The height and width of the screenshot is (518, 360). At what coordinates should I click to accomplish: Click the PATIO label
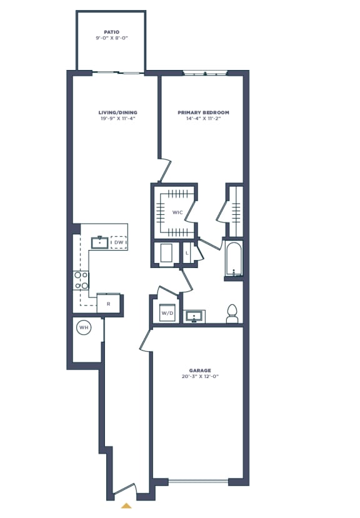[x=111, y=31]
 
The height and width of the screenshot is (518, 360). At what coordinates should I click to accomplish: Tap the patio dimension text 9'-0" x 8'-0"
[x=111, y=37]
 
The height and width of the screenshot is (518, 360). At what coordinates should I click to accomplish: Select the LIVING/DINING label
[x=117, y=112]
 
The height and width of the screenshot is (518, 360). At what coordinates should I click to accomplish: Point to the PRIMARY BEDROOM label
[x=203, y=112]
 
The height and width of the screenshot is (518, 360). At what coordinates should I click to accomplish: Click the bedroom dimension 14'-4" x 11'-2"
[x=203, y=119]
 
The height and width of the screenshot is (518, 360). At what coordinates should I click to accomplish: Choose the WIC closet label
[x=177, y=213]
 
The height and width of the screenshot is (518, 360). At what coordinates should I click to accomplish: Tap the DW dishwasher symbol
[x=119, y=242]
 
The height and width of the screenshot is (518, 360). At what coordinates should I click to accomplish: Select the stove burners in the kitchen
[x=81, y=280]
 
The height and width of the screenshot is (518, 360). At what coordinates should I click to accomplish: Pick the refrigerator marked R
[x=108, y=304]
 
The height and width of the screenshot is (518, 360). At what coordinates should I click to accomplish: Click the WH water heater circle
[x=83, y=327]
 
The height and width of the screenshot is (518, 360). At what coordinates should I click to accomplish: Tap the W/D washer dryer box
[x=167, y=312]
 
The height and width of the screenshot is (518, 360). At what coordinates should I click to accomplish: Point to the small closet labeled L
[x=187, y=253]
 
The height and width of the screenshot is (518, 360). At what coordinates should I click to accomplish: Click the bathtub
[x=234, y=259]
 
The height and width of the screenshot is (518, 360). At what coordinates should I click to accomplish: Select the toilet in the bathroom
[x=232, y=314]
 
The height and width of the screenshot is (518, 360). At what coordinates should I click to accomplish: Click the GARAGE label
[x=200, y=371]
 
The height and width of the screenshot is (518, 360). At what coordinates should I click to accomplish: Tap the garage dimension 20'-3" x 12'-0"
[x=200, y=377]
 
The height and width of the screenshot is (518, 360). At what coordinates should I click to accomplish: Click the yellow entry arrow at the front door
[x=126, y=506]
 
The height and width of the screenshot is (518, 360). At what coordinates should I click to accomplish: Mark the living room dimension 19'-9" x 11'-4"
[x=117, y=119]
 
